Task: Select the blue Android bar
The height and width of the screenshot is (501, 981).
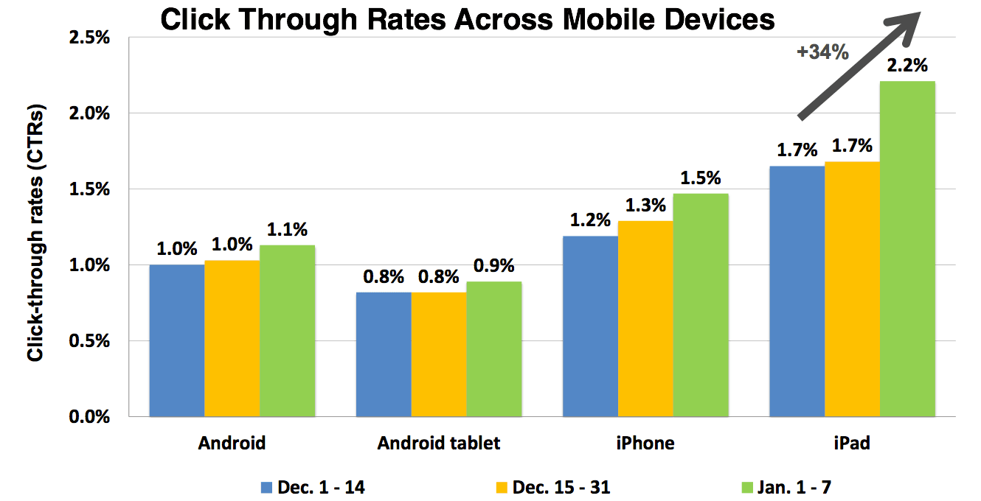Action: tap(177, 340)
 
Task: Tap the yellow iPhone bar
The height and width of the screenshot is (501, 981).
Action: tap(645, 318)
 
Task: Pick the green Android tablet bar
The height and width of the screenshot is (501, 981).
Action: tap(494, 349)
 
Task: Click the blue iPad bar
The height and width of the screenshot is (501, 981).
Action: tap(797, 291)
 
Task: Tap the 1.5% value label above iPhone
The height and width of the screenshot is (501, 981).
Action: tap(701, 178)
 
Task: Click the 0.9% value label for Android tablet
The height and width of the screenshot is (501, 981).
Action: tap(494, 266)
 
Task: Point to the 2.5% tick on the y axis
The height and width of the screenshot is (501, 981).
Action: tap(89, 38)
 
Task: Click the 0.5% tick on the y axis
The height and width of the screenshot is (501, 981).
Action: tap(89, 341)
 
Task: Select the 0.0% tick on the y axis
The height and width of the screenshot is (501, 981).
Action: tap(89, 417)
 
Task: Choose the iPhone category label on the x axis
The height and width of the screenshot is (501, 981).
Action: tap(645, 443)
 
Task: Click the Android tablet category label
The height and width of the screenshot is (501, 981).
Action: tap(439, 443)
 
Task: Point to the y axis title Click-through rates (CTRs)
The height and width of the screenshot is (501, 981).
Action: tap(35, 233)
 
